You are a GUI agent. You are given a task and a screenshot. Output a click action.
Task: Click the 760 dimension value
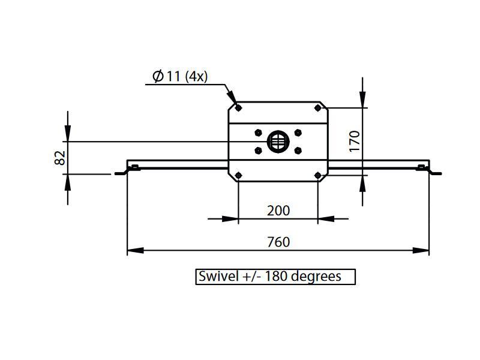pyautogui.click(x=278, y=242)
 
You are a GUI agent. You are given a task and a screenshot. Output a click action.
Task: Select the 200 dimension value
pyautogui.click(x=278, y=211)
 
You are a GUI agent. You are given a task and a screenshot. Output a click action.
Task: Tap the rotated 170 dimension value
pyautogui.click(x=355, y=140)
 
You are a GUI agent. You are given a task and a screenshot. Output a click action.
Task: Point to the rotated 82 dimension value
pyautogui.click(x=59, y=158)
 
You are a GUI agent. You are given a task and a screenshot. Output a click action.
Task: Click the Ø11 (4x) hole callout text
pyautogui.click(x=180, y=77)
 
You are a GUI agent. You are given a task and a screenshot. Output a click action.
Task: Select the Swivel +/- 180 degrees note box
pyautogui.click(x=275, y=277)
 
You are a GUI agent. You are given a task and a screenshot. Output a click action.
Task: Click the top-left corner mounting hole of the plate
pyautogui.click(x=239, y=108)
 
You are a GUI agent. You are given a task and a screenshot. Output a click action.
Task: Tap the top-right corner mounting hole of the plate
pyautogui.click(x=318, y=108)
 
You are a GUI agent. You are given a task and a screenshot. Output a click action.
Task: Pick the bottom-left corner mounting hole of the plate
pyautogui.click(x=239, y=175)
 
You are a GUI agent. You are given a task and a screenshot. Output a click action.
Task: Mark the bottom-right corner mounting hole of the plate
pyautogui.click(x=318, y=175)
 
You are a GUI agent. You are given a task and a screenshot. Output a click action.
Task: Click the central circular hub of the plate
pyautogui.click(x=278, y=142)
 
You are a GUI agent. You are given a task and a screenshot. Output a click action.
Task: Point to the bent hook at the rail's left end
pyautogui.click(x=122, y=172)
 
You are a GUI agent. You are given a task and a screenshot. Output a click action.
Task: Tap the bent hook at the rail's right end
pyautogui.click(x=434, y=172)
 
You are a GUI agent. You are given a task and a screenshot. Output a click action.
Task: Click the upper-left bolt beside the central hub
pyautogui.click(x=258, y=132)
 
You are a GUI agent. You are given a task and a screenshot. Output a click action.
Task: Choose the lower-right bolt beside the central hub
pyautogui.click(x=298, y=151)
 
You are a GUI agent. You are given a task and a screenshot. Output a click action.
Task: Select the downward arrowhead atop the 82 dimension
pyautogui.click(x=68, y=136)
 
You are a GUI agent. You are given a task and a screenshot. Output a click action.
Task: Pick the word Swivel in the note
pyautogui.click(x=217, y=277)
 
